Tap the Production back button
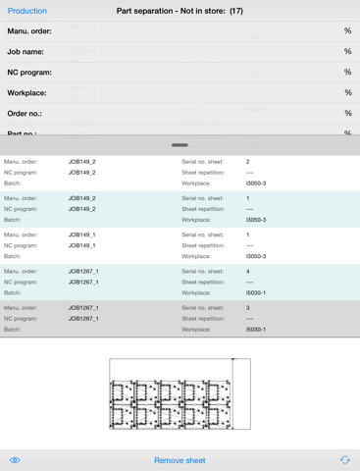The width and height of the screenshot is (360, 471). coord(27,11)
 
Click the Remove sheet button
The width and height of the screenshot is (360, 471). coord(180,459)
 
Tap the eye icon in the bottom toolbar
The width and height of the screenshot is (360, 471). coord(15,459)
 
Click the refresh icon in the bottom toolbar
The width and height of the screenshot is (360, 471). coord(344,459)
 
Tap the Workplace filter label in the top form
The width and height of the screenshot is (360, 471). coord(27,92)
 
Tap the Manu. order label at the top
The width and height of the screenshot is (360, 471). coord(29,30)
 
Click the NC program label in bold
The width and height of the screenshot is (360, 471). coord(30,72)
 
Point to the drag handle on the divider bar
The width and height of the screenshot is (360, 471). coord(180,145)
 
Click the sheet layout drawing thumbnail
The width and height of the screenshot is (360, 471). coord(180,393)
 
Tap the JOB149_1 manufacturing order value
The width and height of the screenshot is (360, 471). coord(81,235)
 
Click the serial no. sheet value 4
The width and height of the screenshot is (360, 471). coord(248,271)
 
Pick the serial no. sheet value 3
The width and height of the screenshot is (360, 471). coord(248,308)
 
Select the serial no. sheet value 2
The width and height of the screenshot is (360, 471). coord(248,161)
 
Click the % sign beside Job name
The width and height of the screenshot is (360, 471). coord(347,51)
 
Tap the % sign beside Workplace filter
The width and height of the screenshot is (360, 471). coord(347,92)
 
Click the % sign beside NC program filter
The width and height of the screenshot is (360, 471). coord(347,72)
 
